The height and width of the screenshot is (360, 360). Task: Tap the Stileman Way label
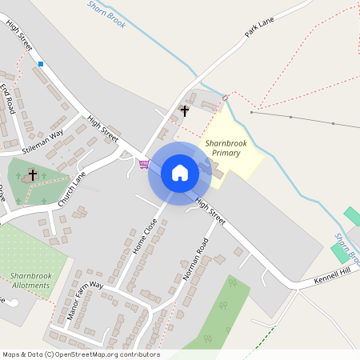(x=42, y=139)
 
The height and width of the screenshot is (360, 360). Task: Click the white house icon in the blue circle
(x=179, y=172)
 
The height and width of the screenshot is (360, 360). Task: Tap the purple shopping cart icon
(x=143, y=164)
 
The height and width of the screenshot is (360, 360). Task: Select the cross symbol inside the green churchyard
(x=33, y=174)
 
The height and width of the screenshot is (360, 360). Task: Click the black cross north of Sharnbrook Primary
(x=185, y=110)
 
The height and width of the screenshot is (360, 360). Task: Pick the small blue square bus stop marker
(x=40, y=63)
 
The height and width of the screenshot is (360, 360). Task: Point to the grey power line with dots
(x=304, y=119)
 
